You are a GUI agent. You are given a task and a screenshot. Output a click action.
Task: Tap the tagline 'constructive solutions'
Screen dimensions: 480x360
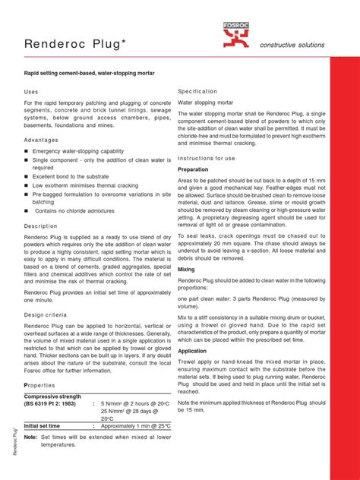click(292, 45)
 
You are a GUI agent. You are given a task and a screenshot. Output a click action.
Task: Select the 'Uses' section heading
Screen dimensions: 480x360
click(32, 91)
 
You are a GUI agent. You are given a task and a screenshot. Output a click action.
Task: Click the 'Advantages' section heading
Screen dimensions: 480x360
click(41, 140)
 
